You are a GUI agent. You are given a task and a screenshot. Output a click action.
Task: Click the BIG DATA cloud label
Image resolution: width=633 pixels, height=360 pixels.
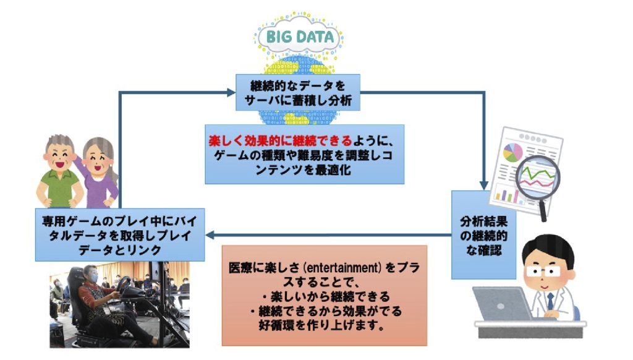point(300,36)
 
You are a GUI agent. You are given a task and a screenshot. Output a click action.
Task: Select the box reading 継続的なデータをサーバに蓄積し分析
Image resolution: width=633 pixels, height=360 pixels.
point(298,93)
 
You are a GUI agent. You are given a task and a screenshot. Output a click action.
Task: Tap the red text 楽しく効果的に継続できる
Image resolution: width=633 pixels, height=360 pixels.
point(281,140)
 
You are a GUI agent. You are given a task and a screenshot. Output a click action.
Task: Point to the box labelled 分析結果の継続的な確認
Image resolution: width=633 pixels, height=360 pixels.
point(483,235)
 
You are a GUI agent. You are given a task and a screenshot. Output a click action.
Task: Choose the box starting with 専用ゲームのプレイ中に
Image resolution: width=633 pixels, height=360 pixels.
point(120,235)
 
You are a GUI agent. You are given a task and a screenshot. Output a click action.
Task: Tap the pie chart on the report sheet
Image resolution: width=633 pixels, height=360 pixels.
point(512,153)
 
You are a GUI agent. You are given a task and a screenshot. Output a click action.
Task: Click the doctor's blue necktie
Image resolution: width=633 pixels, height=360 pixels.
point(550,301)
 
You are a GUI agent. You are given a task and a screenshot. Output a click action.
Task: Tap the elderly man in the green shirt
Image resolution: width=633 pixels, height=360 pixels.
point(59,171)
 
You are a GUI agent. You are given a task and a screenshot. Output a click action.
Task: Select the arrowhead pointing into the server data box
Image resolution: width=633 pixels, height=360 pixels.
point(231,93)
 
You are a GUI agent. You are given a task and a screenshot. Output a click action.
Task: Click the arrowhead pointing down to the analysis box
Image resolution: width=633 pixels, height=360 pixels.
point(483,186)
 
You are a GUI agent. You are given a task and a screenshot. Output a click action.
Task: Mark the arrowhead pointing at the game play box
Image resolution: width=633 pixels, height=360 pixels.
point(210,235)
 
